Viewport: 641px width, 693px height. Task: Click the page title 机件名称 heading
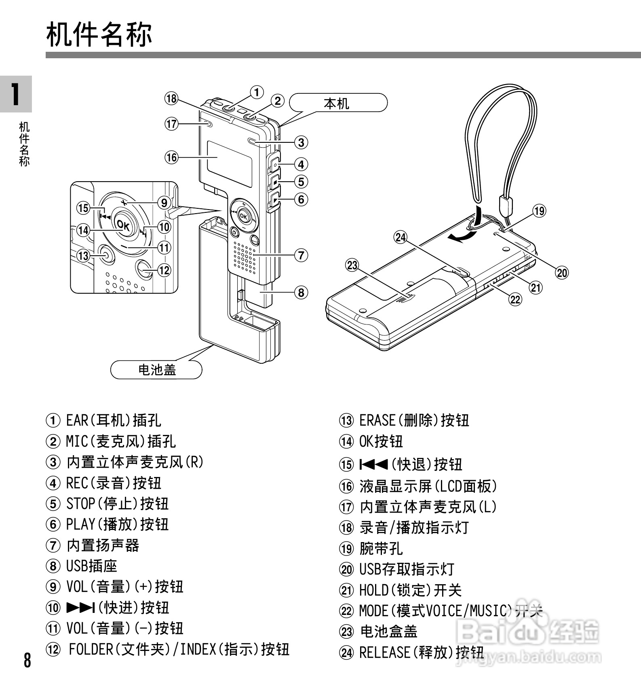99,35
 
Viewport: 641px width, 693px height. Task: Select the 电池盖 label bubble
157,369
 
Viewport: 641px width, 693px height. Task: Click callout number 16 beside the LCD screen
172,157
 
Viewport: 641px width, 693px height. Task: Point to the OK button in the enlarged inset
123,225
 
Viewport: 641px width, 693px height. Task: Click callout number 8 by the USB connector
301,292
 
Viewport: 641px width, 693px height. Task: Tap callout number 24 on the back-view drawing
401,237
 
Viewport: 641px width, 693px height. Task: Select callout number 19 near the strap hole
539,211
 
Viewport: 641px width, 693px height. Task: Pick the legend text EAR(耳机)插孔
114,420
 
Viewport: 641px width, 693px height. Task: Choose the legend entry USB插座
92,566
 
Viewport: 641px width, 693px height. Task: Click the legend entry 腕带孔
381,549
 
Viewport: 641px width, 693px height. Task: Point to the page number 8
27,660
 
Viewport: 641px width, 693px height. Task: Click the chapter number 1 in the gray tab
15,94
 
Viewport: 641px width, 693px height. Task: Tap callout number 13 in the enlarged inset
83,256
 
